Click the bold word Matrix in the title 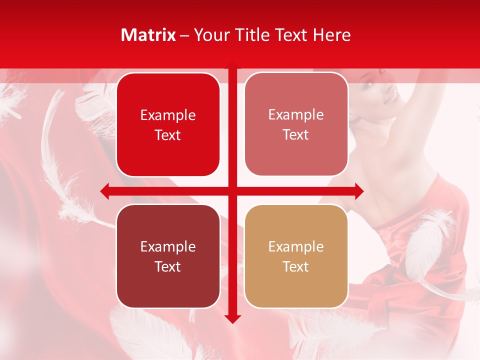(x=148, y=35)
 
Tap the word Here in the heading (x=332, y=35)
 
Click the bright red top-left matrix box (x=168, y=124)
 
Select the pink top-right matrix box (x=296, y=124)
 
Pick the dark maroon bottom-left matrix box (x=168, y=256)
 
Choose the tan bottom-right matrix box (x=296, y=256)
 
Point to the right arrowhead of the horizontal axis (x=358, y=191)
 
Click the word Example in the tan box (x=296, y=246)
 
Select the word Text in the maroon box (x=168, y=266)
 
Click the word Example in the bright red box (x=168, y=115)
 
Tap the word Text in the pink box (x=296, y=135)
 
